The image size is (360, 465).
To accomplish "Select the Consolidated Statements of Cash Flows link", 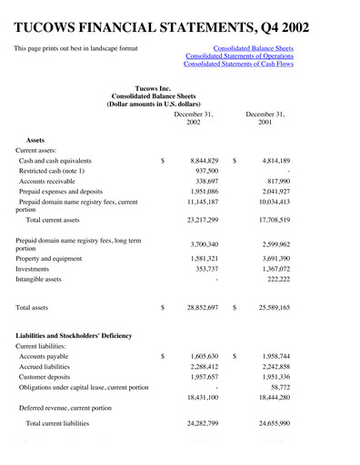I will [239, 64].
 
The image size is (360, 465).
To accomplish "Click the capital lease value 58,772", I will [278, 387].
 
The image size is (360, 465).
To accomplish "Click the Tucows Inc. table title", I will [152, 86].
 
